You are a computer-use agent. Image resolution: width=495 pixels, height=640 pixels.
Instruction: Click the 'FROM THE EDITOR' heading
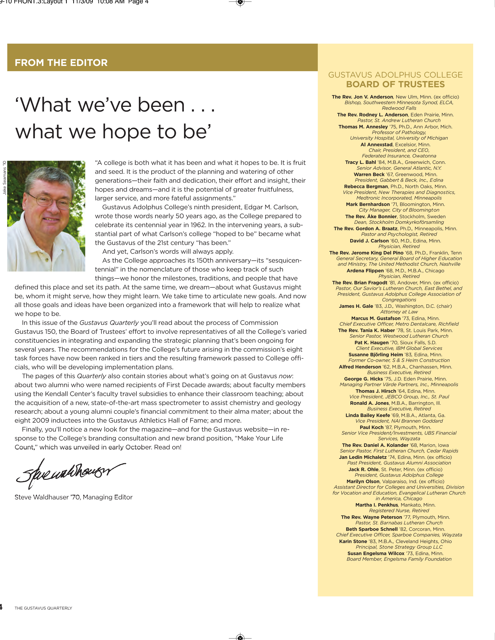pos(61,63)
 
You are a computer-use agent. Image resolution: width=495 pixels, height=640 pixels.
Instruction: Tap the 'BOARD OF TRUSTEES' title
pos(395,84)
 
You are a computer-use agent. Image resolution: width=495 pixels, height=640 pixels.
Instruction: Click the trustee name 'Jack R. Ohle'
pos(363,470)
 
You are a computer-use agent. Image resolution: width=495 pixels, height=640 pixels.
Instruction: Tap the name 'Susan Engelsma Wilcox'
pos(376,554)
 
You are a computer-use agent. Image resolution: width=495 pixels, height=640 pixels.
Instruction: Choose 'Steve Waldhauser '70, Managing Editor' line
pos(74,497)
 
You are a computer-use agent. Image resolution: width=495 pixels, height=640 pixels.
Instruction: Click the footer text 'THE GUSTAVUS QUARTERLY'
pos(43,608)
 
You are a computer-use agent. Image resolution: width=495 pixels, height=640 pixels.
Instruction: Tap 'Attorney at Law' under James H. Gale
pos(399,312)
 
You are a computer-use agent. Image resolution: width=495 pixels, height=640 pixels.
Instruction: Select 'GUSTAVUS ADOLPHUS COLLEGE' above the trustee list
pos(395,75)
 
